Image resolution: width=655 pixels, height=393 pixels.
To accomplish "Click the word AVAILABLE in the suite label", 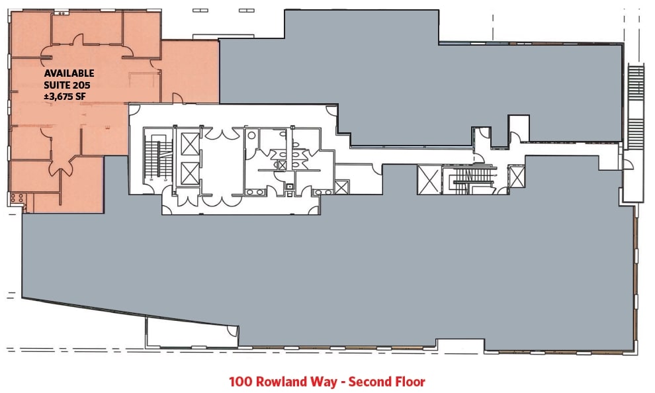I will point(69,73).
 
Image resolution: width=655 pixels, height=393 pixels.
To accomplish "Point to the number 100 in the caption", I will point(239,382).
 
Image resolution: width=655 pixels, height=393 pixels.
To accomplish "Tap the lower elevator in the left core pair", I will point(189,173).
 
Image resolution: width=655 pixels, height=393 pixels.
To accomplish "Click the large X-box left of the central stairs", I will point(427,180).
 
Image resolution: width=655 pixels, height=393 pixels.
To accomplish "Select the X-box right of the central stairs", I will point(517,177).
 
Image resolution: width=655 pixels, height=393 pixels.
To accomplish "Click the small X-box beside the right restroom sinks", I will point(341,187).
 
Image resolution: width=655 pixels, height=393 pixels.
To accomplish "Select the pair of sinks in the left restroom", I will point(253,191).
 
